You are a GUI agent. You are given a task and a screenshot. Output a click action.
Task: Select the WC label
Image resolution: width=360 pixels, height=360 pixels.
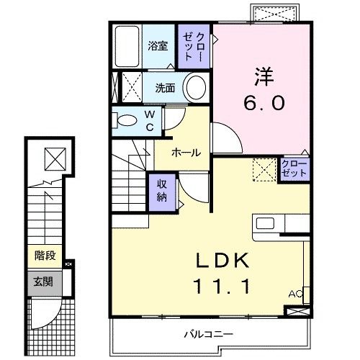[149, 120]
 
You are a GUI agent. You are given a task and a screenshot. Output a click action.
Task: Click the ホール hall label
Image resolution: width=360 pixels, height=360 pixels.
[185, 152]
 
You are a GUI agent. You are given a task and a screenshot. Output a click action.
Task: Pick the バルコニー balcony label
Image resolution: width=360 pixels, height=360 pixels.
[207, 333]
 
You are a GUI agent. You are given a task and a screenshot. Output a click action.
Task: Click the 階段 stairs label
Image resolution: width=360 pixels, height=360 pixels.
[45, 256]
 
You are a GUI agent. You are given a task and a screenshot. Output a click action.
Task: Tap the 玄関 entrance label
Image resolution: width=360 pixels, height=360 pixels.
[45, 282]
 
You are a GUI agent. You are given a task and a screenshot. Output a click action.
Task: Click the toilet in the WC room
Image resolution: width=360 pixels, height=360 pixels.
[126, 120]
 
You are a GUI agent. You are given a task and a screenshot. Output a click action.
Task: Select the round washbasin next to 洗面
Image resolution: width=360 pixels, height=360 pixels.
[194, 89]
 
